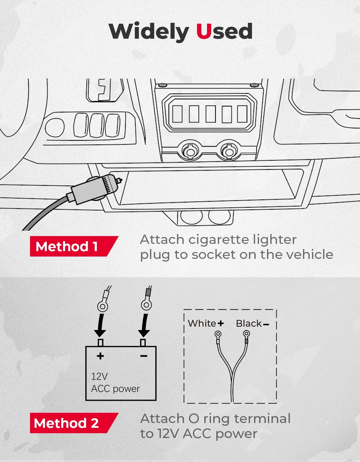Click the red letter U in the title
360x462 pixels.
pyautogui.click(x=204, y=31)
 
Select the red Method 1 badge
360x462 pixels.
pyautogui.click(x=74, y=246)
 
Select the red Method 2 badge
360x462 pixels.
pyautogui.click(x=74, y=423)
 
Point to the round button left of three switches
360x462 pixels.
pyautogui.click(x=55, y=127)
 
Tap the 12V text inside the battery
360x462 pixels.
pyautogui.click(x=100, y=376)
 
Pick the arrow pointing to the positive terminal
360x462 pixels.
pyautogui.click(x=101, y=325)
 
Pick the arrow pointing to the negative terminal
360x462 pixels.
pyautogui.click(x=145, y=325)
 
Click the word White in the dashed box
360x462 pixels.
pyautogui.click(x=202, y=323)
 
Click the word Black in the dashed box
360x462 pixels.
pyautogui.click(x=249, y=323)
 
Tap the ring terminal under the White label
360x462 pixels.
pyautogui.click(x=218, y=334)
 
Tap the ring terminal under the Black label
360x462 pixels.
pyautogui.click(x=246, y=334)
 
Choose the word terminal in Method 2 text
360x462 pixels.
pyautogui.click(x=262, y=418)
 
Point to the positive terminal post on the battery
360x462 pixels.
pyautogui.click(x=100, y=343)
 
